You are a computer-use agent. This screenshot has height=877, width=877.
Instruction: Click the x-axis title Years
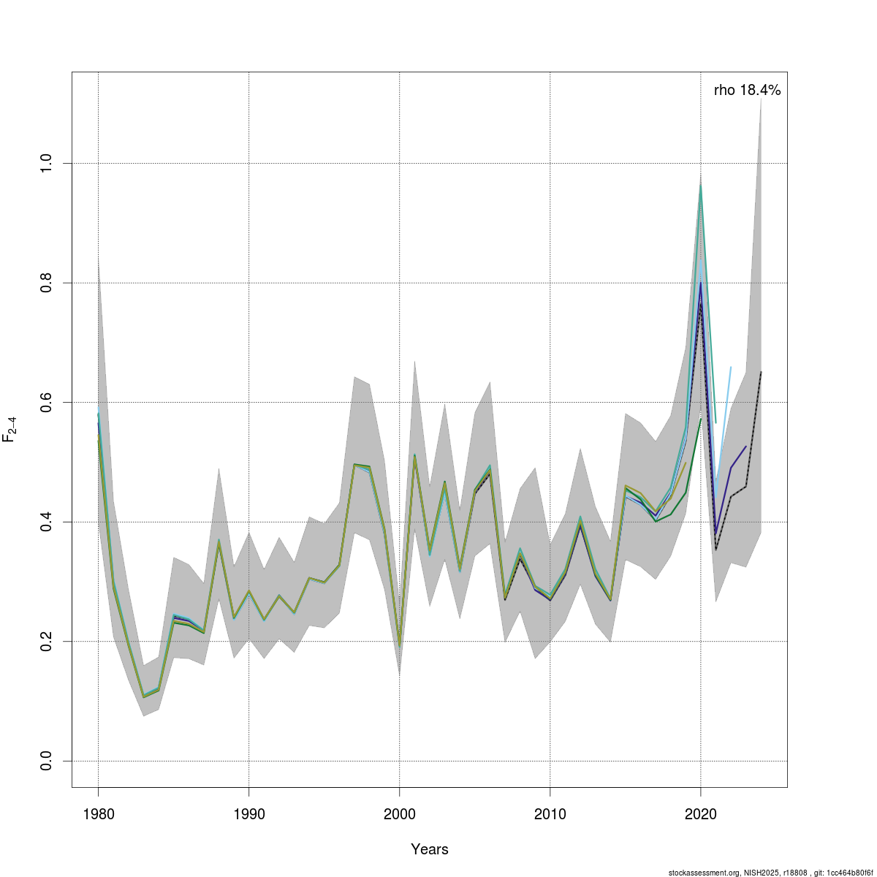click(x=430, y=849)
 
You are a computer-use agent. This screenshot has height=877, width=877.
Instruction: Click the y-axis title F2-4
click(x=10, y=429)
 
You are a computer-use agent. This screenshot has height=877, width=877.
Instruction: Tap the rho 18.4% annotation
click(x=747, y=91)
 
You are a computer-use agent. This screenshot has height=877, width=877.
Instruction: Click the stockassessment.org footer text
click(x=772, y=873)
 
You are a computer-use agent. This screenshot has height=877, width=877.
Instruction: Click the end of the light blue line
click(x=731, y=367)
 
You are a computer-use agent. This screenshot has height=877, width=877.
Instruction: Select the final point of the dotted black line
click(x=761, y=372)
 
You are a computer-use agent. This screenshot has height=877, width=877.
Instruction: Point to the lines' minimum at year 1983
click(x=143, y=696)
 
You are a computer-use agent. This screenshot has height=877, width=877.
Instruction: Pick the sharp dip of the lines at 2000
click(x=399, y=646)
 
